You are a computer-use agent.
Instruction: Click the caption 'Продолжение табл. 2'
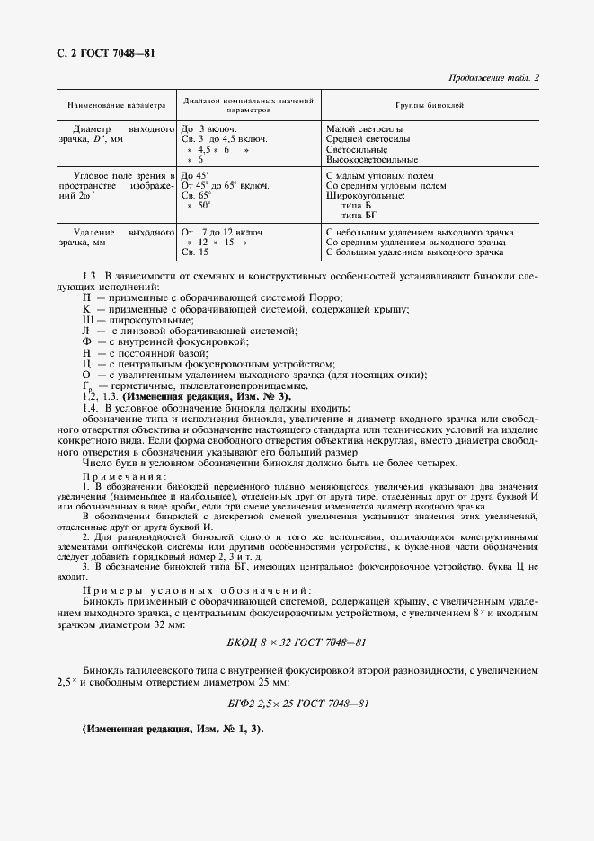coord(492,77)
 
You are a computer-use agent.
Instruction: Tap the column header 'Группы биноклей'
coord(429,105)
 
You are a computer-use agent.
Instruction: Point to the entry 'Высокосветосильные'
coord(372,159)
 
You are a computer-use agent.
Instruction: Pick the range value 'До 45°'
coord(195,175)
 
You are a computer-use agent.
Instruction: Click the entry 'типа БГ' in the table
coord(359,216)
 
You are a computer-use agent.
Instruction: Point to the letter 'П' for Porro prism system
coord(86,298)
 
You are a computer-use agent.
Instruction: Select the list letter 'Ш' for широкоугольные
coord(87,320)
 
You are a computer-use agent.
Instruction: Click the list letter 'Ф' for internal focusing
coord(87,341)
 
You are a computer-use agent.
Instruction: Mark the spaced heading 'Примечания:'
coord(120,475)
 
